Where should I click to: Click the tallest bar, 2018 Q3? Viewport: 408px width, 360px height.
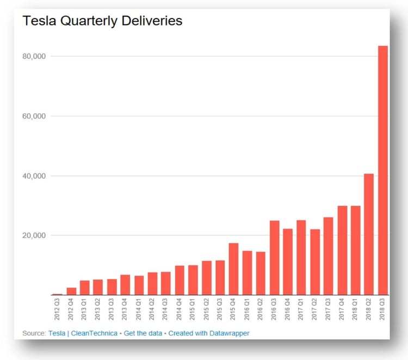pos(383,170)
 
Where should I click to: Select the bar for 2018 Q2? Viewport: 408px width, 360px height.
pos(369,234)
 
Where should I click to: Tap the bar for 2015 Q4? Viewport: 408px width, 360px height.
pos(234,269)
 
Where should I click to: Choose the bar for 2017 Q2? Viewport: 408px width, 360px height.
pos(316,262)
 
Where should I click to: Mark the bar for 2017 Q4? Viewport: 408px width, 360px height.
pos(343,251)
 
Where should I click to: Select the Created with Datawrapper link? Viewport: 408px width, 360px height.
pos(209,333)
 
